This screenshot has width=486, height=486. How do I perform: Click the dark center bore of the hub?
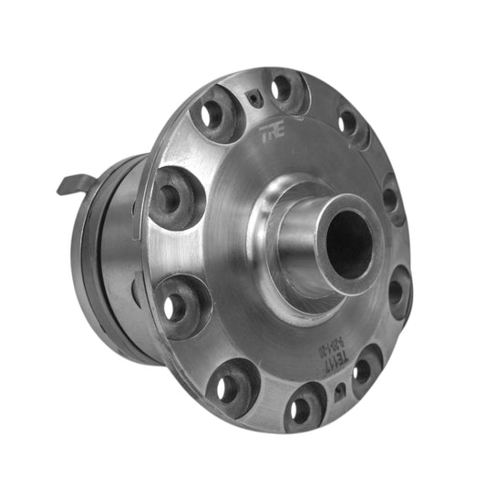346,244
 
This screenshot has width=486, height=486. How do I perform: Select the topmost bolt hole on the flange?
283,88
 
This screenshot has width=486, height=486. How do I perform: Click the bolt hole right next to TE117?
366,367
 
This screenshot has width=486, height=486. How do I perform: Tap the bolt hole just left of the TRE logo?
215,113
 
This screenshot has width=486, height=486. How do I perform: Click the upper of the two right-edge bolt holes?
392,196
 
